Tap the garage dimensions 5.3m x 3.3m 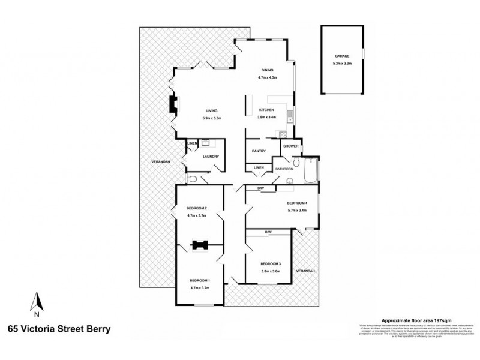click(x=342, y=63)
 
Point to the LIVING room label click(x=211, y=110)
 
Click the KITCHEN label click(x=266, y=110)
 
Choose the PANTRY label click(x=259, y=151)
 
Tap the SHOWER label click(x=290, y=146)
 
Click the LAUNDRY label click(x=211, y=157)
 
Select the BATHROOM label click(x=284, y=169)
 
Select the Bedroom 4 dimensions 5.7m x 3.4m click(x=296, y=210)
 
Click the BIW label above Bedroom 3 click(x=269, y=232)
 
